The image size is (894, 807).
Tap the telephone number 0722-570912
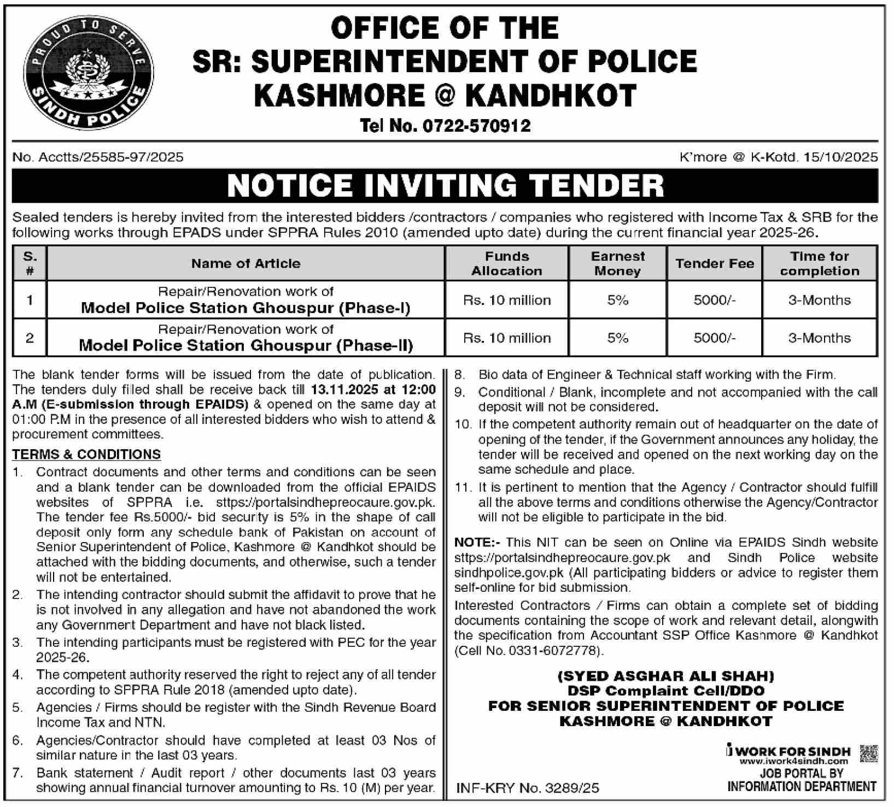(476, 126)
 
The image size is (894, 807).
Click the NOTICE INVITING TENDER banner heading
(445, 186)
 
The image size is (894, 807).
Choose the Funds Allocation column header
(507, 263)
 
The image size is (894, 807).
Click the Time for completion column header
(819, 263)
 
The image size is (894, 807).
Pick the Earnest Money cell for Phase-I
(617, 300)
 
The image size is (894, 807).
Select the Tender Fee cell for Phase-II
(714, 338)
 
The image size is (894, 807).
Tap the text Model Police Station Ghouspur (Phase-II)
(246, 345)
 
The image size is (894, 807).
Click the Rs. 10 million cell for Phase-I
(507, 300)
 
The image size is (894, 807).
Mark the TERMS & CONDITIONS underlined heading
(86, 455)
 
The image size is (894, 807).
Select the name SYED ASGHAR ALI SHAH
(665, 676)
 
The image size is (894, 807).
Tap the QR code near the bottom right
(868, 753)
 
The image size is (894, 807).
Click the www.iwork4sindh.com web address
(793, 761)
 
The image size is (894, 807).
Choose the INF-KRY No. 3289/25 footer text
(528, 788)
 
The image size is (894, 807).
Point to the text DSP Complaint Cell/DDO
(665, 691)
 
